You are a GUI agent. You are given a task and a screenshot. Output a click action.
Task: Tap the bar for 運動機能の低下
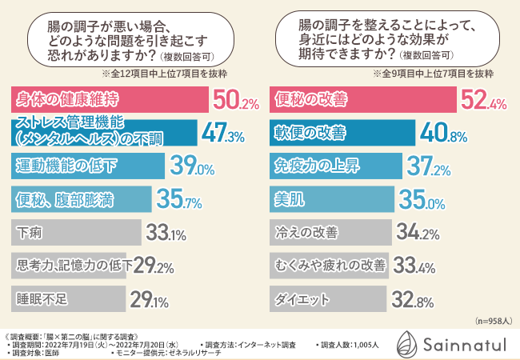coord(89,167)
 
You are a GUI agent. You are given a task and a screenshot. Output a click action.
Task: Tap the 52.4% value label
coord(484,102)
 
